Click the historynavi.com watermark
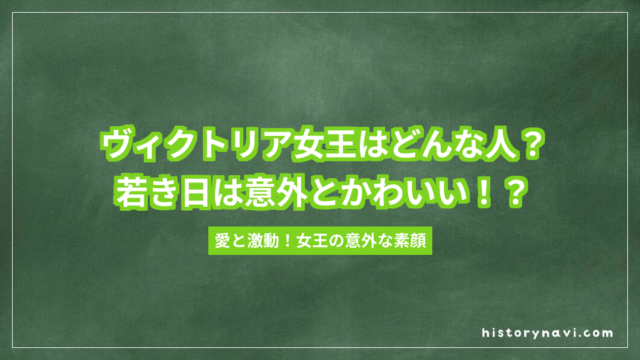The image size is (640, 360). pyautogui.click(x=547, y=332)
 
